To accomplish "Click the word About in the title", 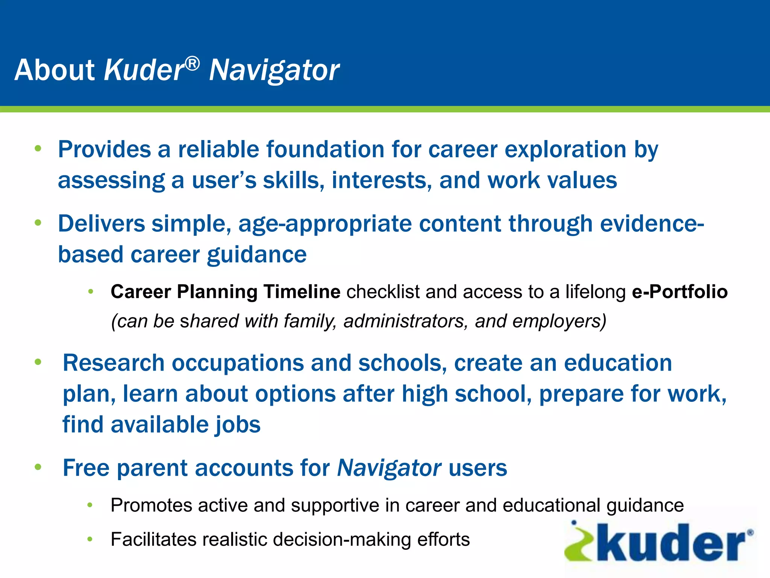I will pos(55,70).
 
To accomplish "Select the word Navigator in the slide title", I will pos(274,71).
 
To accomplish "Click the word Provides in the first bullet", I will pos(104,149).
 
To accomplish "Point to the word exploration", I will pos(565,149).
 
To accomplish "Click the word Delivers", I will pos(102,224).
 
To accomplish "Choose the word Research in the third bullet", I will pos(114,363).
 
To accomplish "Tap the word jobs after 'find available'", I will pos(237,425).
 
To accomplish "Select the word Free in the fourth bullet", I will pos(86,468).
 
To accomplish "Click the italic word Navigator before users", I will pos(389,468).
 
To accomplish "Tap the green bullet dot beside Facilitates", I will pos(89,539).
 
